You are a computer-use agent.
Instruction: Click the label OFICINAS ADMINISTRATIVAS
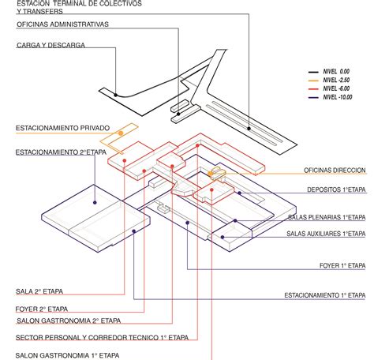pos(62,24)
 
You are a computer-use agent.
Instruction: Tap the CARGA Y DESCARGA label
pos(50,45)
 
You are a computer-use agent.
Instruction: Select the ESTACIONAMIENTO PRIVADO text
pos(62,128)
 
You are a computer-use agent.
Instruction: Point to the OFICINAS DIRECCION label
pos(335,171)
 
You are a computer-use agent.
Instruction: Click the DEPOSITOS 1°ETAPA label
pos(336,189)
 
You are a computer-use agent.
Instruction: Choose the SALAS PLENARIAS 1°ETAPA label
pos(327,217)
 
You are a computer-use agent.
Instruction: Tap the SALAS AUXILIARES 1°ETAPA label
pos(326,234)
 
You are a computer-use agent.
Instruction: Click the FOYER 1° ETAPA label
pos(342,266)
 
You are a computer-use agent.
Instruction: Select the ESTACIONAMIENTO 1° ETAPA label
pos(325,295)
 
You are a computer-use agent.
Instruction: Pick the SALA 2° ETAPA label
pos(39,291)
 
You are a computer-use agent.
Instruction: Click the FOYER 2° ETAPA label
pos(42,309)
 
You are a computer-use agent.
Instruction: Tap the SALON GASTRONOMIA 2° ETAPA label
pos(69,321)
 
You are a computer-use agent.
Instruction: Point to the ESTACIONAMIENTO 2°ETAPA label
pos(61,152)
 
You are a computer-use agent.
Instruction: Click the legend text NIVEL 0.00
pos(336,72)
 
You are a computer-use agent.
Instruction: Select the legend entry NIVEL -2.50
pos(336,81)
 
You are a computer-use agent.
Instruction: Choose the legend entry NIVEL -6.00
pos(336,88)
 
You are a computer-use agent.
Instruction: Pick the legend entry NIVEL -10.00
pos(338,97)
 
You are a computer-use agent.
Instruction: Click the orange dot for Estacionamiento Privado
pos(121,133)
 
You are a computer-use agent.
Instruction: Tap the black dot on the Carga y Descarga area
pos(115,95)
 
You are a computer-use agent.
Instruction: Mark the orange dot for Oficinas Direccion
pos(210,174)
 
